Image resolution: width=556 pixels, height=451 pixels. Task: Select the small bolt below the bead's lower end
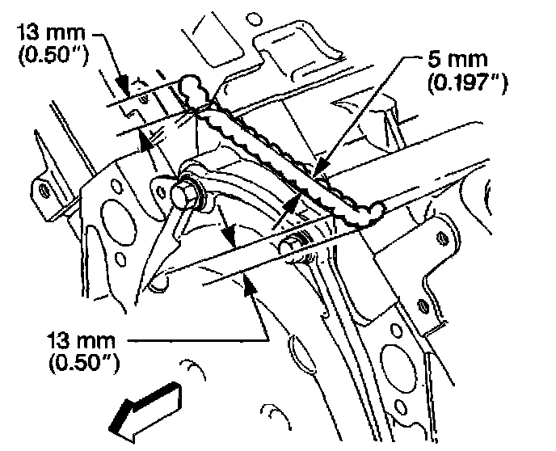(294, 242)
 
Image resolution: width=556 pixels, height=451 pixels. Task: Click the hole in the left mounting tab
(43, 192)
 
